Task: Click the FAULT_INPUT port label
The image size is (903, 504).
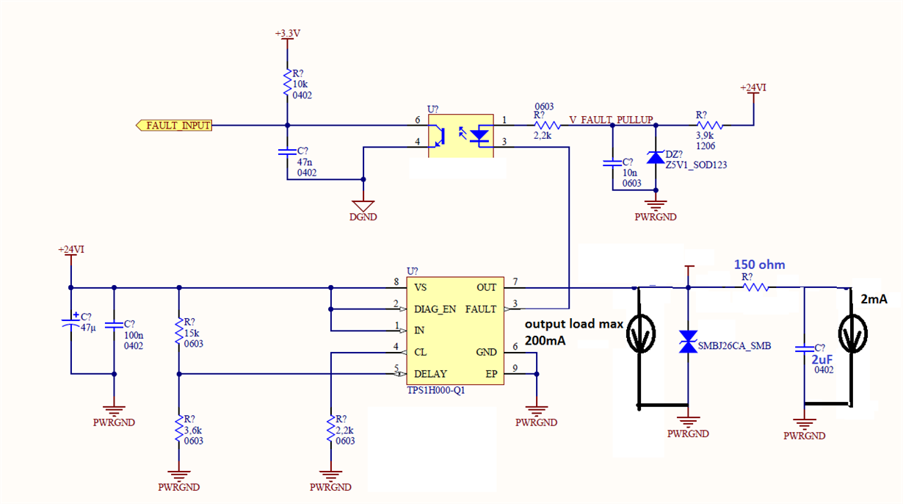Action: pyautogui.click(x=174, y=126)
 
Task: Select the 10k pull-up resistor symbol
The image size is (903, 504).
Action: pyautogui.click(x=287, y=82)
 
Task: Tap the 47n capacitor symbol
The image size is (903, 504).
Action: pyautogui.click(x=287, y=152)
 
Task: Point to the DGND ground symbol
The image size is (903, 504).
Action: pyautogui.click(x=363, y=206)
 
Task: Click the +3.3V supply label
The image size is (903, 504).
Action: pyautogui.click(x=288, y=33)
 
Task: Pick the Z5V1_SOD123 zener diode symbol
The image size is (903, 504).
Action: pyautogui.click(x=656, y=157)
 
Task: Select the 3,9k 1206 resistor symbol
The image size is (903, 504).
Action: pyautogui.click(x=709, y=126)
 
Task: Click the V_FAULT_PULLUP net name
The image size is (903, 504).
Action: pyautogui.click(x=611, y=120)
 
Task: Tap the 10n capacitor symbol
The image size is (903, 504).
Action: pyautogui.click(x=612, y=163)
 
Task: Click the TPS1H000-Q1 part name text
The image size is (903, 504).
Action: pyautogui.click(x=436, y=391)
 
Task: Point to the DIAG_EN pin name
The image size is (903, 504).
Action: pyautogui.click(x=435, y=309)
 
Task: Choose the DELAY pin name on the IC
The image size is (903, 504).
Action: pyautogui.click(x=430, y=374)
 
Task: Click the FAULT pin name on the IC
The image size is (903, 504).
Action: pyautogui.click(x=481, y=309)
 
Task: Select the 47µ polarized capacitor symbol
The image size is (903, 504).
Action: pyautogui.click(x=71, y=322)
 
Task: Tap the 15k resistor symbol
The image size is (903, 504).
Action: pyautogui.click(x=179, y=331)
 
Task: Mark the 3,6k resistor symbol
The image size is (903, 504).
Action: pyautogui.click(x=179, y=428)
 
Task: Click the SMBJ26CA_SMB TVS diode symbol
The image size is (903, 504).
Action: pyautogui.click(x=688, y=342)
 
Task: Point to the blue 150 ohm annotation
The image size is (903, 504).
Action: pyautogui.click(x=760, y=264)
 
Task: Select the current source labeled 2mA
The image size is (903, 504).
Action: pyautogui.click(x=852, y=334)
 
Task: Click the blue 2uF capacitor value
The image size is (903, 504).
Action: pyautogui.click(x=822, y=359)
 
